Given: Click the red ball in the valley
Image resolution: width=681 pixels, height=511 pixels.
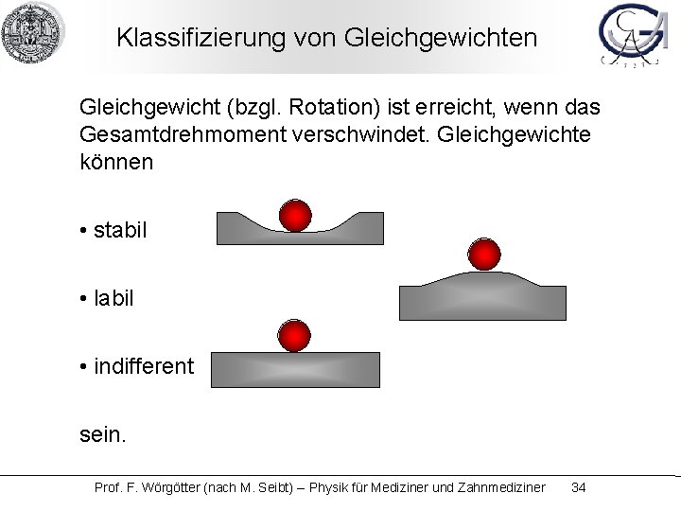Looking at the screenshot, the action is (295, 215).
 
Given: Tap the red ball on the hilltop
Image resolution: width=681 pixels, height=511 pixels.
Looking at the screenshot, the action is (484, 254).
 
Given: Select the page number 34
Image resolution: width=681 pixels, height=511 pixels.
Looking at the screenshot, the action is (579, 487).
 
